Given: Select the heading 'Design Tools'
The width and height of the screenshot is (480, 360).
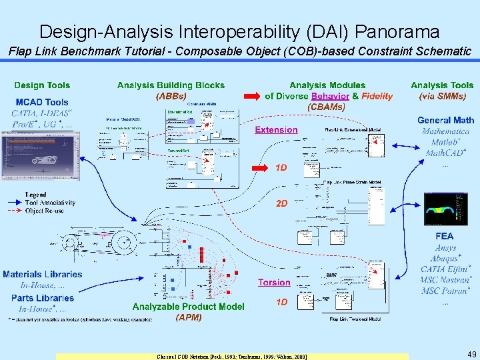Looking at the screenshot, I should (x=42, y=85).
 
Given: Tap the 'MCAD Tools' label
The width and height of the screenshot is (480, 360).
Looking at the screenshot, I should (x=42, y=102).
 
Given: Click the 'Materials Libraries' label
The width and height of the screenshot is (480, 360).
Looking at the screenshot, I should (x=43, y=274).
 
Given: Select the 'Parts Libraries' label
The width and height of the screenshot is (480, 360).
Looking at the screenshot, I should (x=43, y=298).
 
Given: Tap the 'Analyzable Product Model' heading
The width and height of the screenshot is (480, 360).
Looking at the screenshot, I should (x=188, y=307).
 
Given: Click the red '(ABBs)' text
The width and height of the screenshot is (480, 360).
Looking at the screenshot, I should (x=171, y=96).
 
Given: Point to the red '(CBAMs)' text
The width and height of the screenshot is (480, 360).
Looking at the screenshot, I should (x=327, y=106).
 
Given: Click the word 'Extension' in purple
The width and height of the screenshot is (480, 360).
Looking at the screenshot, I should (x=276, y=130).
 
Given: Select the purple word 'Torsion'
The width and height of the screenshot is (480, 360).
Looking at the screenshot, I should (x=274, y=283).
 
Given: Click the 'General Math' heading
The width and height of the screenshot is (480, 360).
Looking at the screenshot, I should (x=445, y=121).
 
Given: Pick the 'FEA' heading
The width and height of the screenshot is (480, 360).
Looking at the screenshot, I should (x=444, y=236).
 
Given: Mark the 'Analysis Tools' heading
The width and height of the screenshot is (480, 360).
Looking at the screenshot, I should (x=442, y=85).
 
